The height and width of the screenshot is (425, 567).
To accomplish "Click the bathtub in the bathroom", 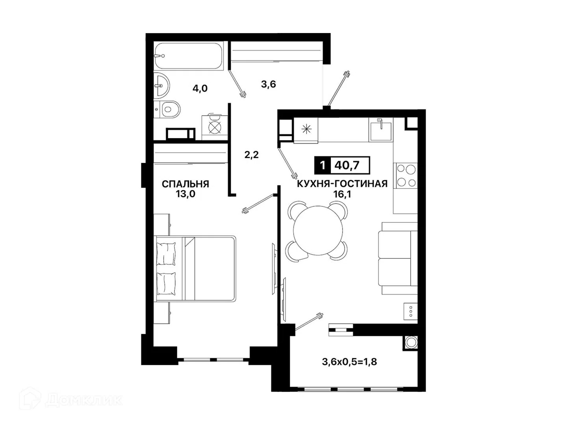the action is (188, 56).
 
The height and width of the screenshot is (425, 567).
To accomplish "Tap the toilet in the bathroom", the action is (167, 109).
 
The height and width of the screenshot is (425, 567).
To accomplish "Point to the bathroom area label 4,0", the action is (200, 89).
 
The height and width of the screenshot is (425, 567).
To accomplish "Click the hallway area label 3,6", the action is (269, 84).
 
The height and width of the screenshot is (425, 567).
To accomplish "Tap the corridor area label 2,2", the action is (251, 155).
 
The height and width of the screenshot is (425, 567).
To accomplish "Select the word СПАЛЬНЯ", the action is (185, 184).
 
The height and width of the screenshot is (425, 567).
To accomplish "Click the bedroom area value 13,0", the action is (185, 194).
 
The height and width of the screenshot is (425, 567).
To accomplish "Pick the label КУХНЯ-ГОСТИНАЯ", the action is (342, 184).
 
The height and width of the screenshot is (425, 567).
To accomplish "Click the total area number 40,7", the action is (347, 165).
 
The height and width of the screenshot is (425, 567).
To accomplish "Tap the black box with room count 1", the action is (322, 165).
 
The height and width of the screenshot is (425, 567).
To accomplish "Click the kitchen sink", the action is (381, 131).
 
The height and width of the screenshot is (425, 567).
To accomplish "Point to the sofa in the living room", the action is (398, 258).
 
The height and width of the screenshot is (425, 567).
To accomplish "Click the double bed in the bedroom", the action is (195, 268).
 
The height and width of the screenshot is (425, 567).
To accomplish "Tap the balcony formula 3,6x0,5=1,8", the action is (349, 362).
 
